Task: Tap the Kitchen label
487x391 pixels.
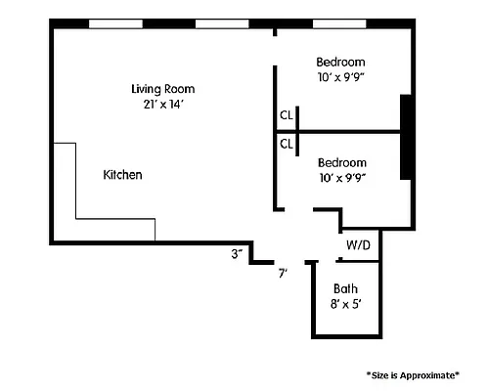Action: click(123, 175)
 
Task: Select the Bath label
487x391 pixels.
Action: click(345, 288)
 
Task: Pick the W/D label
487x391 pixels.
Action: click(358, 244)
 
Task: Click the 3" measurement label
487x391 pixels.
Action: click(237, 254)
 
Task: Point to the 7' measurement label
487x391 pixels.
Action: click(283, 273)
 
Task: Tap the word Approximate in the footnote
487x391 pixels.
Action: click(428, 374)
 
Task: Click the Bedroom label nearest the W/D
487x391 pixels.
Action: click(342, 162)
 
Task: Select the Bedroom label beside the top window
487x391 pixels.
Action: click(341, 61)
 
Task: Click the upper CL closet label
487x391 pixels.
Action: click(287, 115)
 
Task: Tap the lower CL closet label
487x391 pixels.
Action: click(287, 144)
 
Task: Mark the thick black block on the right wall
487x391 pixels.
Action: click(406, 137)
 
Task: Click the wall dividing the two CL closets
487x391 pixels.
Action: click(287, 130)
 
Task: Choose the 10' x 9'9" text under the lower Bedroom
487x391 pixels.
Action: click(342, 177)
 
